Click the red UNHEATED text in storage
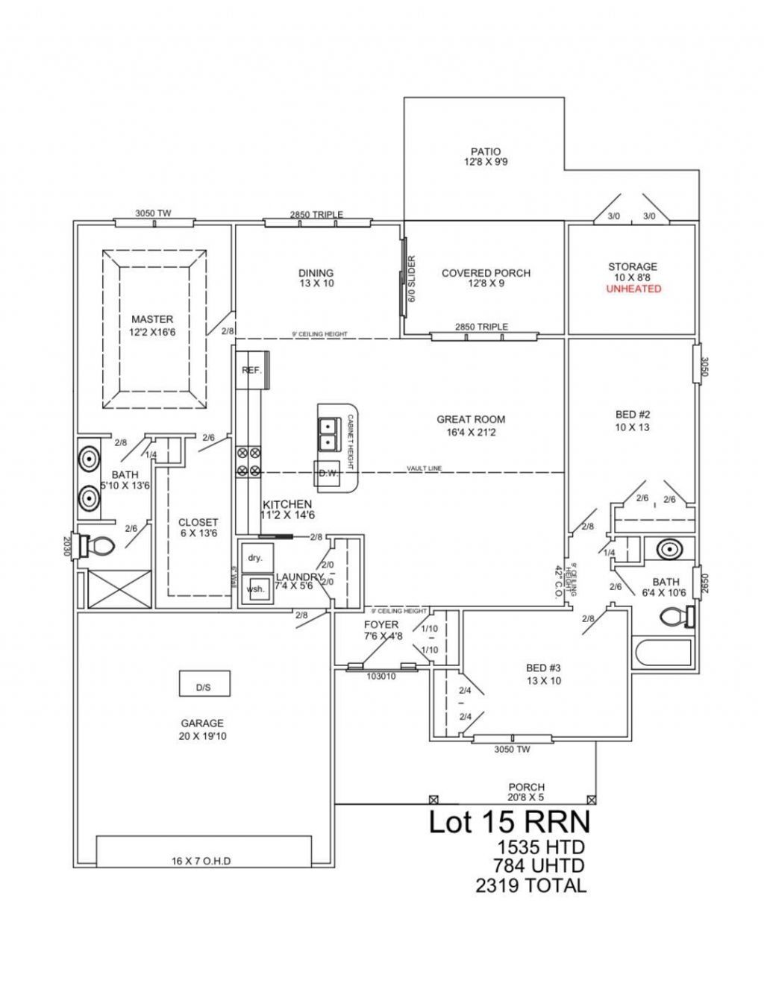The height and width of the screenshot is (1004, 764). [633, 289]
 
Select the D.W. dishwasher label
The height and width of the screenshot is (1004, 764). [328, 473]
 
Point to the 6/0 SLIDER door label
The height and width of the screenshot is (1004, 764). [411, 280]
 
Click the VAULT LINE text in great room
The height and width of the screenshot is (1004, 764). [424, 468]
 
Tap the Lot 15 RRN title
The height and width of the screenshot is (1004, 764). [509, 822]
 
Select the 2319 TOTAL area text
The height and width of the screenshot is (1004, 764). [530, 885]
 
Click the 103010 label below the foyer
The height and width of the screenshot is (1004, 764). [381, 677]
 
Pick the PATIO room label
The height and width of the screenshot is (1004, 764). [485, 151]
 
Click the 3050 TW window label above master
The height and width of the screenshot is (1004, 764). [153, 213]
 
